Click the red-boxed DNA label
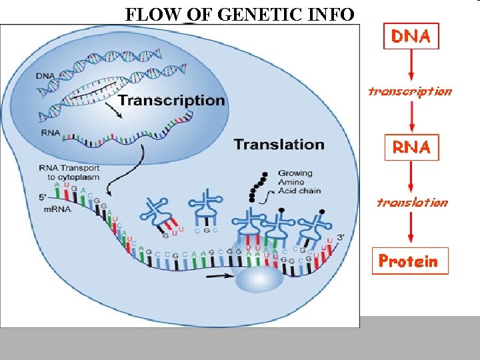tap(411, 37)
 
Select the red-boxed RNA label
tap(411, 147)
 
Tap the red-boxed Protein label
tap(409, 261)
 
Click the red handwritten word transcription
tap(410, 91)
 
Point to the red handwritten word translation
tap(412, 201)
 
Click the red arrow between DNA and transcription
tap(411, 66)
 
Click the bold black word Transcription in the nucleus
tap(171, 101)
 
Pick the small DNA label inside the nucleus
tap(47, 76)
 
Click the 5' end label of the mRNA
tap(43, 197)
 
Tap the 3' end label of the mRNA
tap(342, 237)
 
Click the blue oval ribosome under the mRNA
tap(261, 279)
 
